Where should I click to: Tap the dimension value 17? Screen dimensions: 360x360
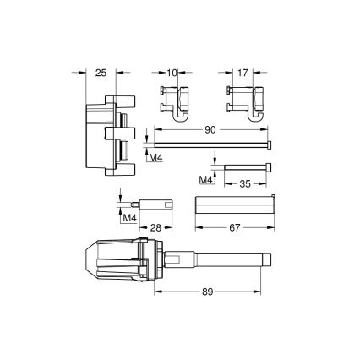242,74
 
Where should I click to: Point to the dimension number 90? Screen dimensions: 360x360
211,132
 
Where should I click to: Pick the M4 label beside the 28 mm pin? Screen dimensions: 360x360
129,220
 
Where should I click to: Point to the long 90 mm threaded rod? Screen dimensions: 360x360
211,146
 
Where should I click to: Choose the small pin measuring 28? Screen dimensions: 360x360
156,204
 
